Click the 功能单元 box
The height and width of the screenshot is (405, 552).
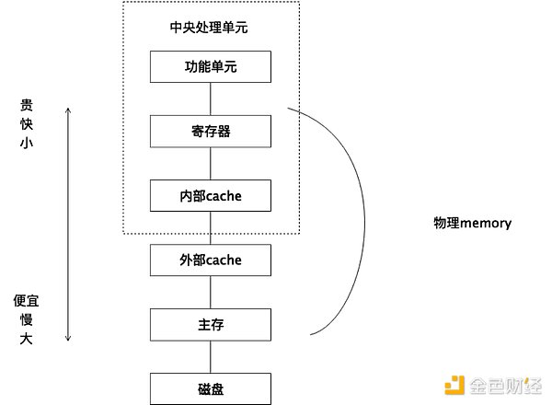[x=211, y=66]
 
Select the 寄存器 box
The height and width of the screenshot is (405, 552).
[x=211, y=131]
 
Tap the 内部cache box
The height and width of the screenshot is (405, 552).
[x=211, y=195]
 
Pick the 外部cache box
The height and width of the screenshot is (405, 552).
[x=211, y=260]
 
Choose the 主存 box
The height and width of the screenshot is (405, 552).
[x=211, y=324]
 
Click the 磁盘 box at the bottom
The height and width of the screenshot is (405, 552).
[x=211, y=388]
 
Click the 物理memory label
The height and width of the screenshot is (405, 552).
[x=472, y=224]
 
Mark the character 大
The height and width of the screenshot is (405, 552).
[x=27, y=339]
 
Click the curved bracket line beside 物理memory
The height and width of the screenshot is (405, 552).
[x=363, y=221]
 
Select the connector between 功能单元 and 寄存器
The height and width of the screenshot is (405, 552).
[x=211, y=98]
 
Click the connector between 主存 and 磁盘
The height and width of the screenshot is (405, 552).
[x=211, y=356]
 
